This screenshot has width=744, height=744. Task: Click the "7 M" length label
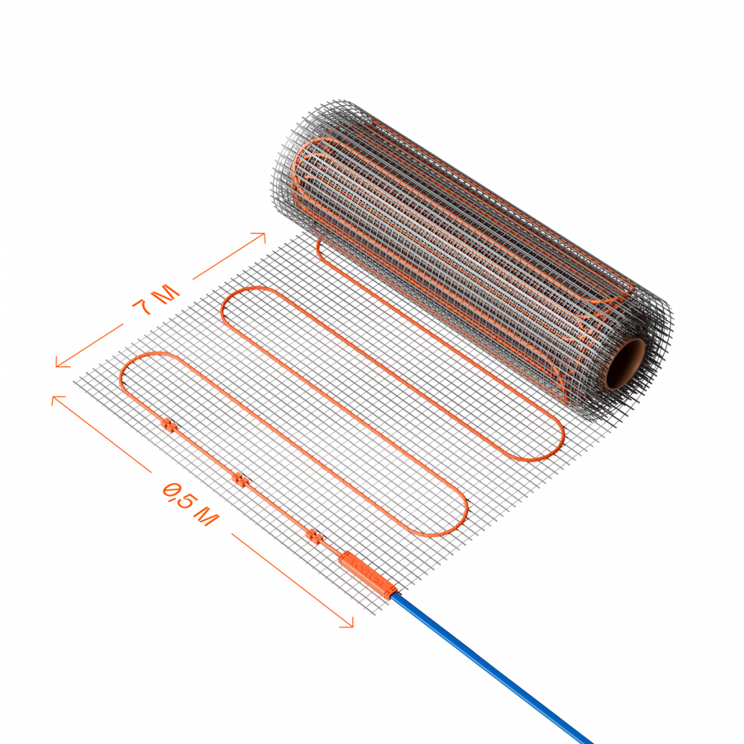point(155,302)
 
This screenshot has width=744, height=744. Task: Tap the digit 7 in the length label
point(144,308)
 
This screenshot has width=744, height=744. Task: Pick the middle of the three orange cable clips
point(241,479)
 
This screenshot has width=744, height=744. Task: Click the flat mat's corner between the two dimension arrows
point(76,381)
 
